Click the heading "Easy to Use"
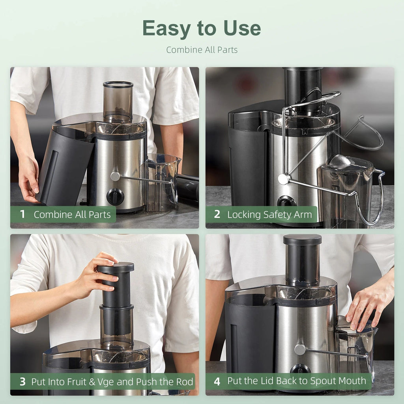tap(202, 28)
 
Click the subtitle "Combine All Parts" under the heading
tap(202, 50)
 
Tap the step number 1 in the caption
tap(22, 215)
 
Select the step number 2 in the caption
tap(217, 215)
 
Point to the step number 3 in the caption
tap(23, 382)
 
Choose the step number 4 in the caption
tap(217, 382)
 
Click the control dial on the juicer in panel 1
tap(115, 196)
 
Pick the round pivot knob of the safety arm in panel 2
tap(283, 179)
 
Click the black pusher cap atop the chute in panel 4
tap(302, 239)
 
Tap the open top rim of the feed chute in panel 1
tap(118, 84)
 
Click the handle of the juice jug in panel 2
tap(376, 197)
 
